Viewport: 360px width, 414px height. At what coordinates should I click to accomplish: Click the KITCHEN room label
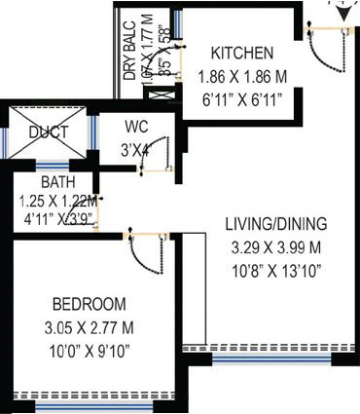click(243, 53)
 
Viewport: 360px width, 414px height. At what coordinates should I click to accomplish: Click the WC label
click(135, 126)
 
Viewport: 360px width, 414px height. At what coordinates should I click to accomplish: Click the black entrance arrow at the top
click(342, 12)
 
